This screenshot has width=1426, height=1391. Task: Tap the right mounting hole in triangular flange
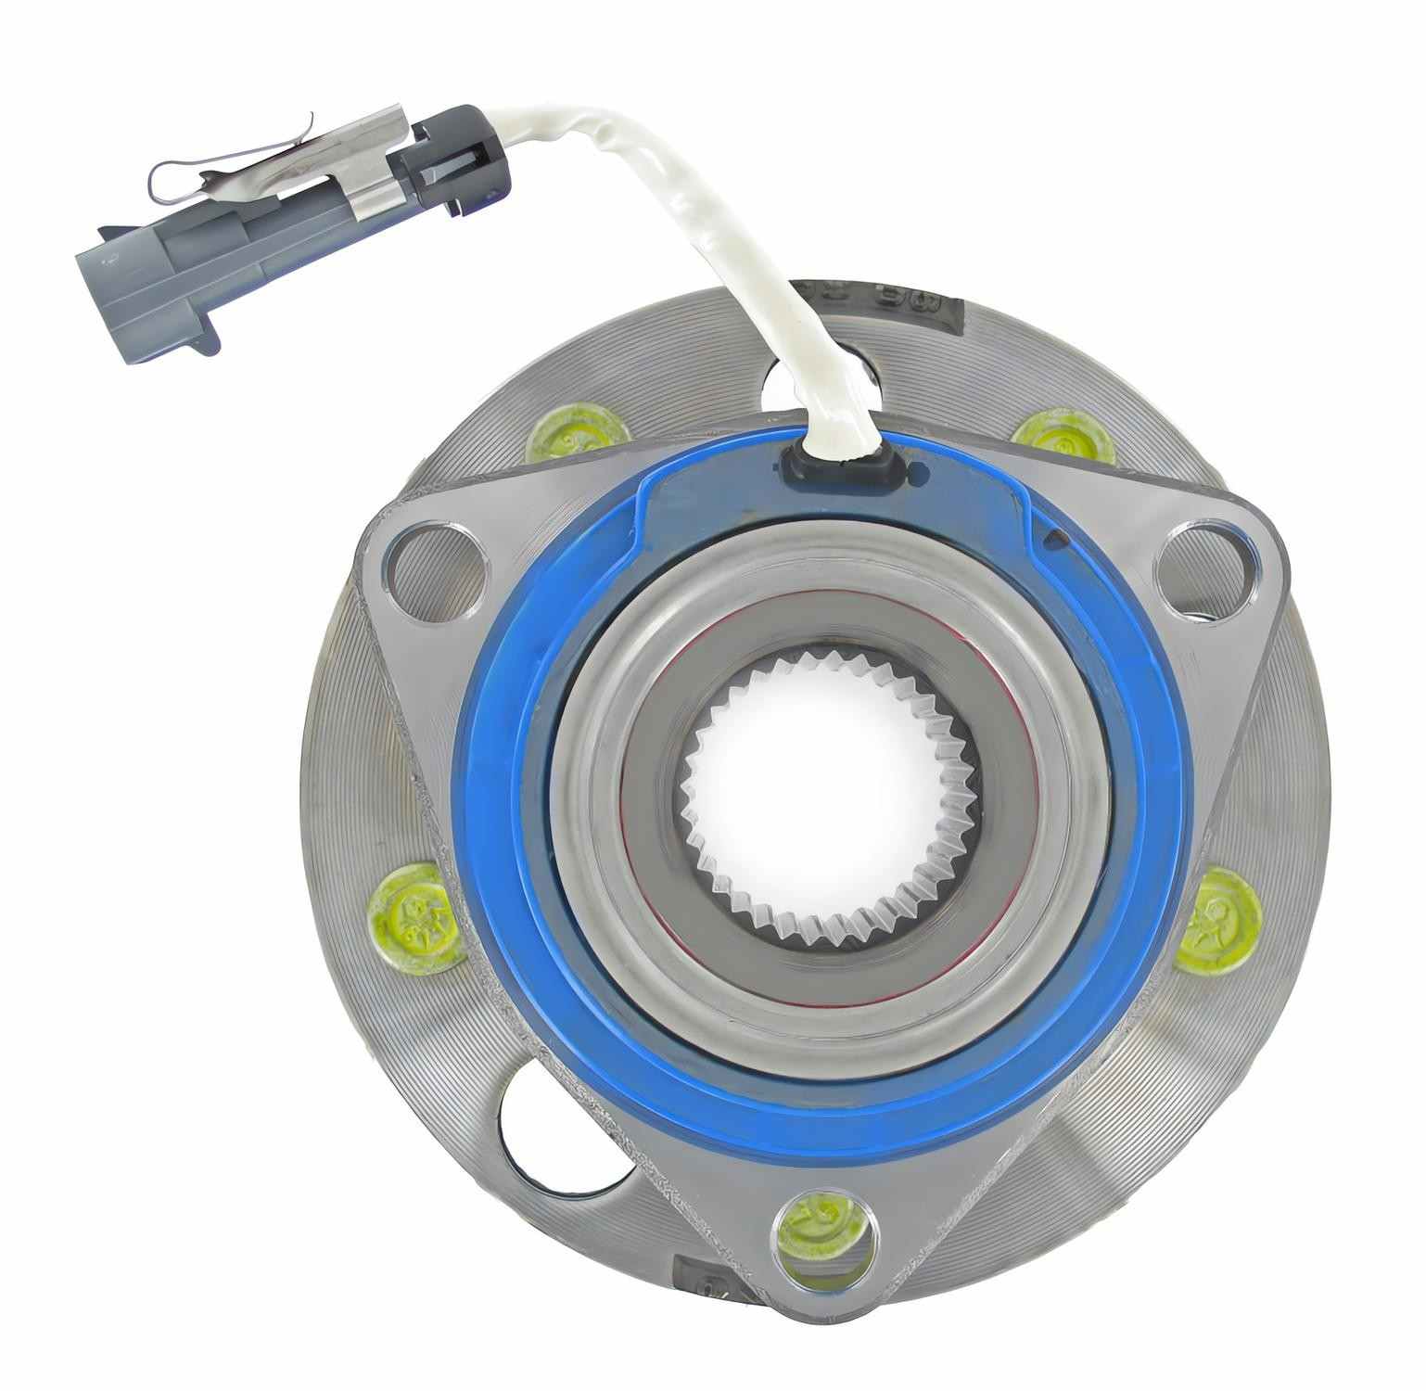coord(1203,565)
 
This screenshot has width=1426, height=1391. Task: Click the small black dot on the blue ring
coord(1053,536)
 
